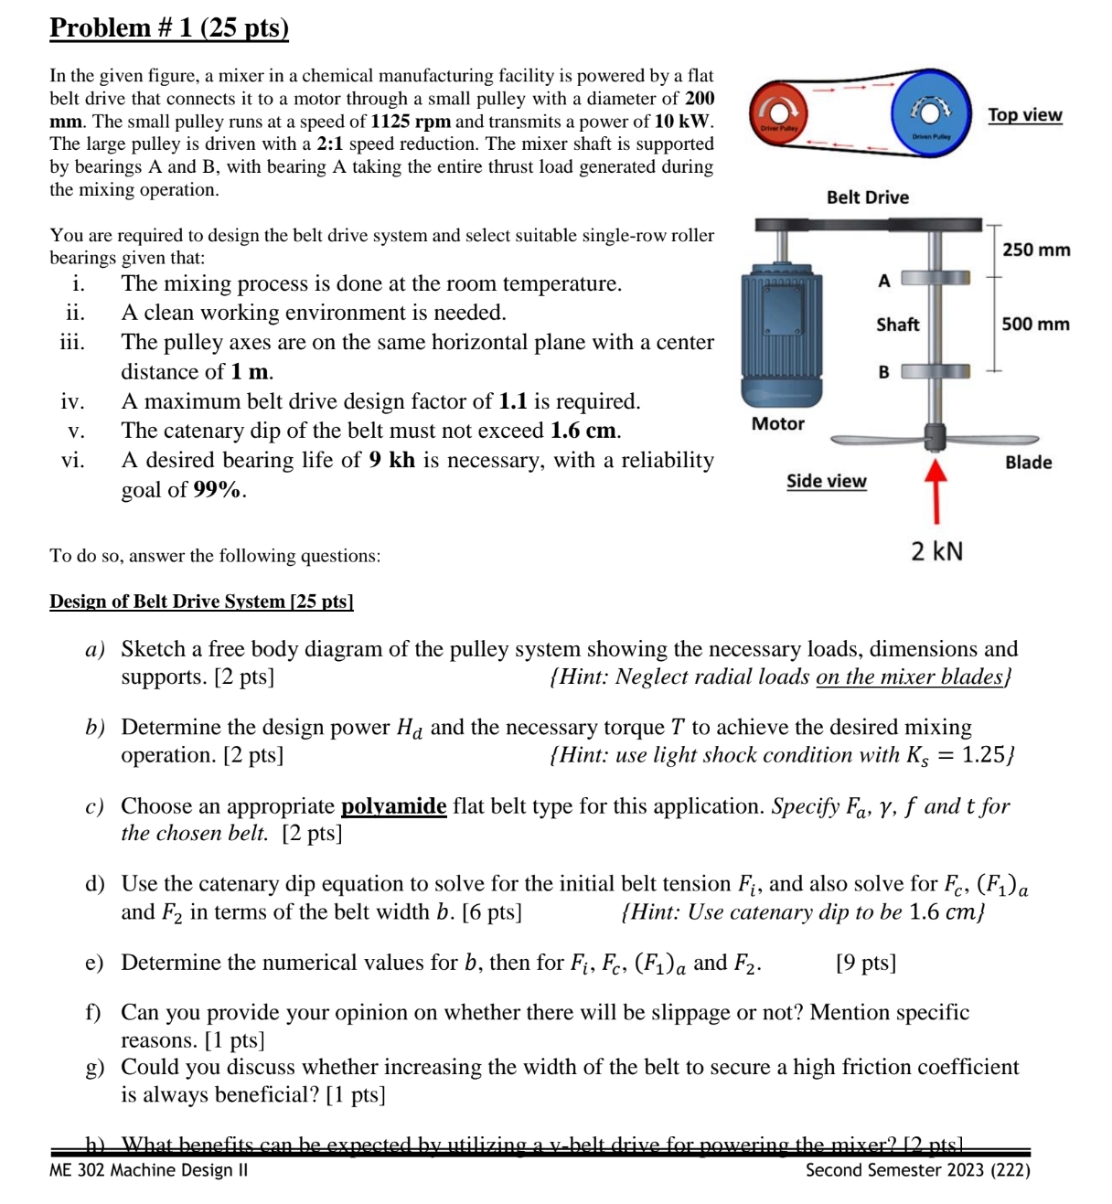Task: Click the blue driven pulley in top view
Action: [930, 112]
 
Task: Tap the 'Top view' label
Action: [1024, 115]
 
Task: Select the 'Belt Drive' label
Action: [867, 197]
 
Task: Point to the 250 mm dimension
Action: [1036, 250]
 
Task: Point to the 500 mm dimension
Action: [1035, 325]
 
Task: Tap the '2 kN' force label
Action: [936, 551]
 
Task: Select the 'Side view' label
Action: [826, 482]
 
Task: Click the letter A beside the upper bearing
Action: [883, 282]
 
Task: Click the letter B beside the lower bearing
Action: [883, 373]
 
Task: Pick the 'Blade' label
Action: [1028, 463]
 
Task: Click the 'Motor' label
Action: [777, 424]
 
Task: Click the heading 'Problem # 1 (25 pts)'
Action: [169, 28]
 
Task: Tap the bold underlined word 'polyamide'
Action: [393, 806]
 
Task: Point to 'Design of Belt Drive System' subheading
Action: [201, 602]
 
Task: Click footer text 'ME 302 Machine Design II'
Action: [148, 1170]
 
